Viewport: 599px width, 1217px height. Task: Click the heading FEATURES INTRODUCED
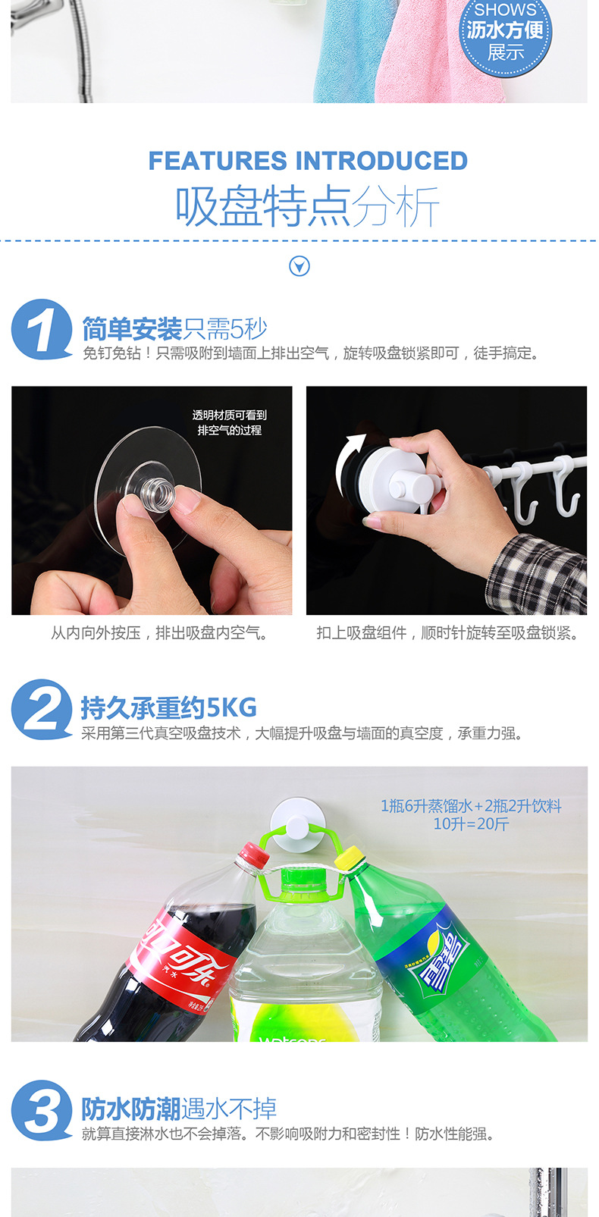click(x=308, y=161)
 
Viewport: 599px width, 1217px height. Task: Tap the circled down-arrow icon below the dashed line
click(x=299, y=266)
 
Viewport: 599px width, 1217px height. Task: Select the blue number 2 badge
click(x=41, y=710)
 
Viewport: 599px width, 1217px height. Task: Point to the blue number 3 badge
click(x=41, y=1111)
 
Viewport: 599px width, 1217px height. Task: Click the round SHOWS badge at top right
click(x=505, y=34)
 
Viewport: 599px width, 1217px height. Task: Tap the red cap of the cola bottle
click(x=252, y=856)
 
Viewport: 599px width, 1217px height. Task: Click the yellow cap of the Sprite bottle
click(x=350, y=858)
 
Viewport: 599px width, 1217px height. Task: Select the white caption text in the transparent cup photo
click(x=229, y=422)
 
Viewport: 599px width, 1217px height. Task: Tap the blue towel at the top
click(x=345, y=53)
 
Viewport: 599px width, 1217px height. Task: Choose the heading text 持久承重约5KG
click(x=168, y=708)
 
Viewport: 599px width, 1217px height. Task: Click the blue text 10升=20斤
click(x=471, y=823)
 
